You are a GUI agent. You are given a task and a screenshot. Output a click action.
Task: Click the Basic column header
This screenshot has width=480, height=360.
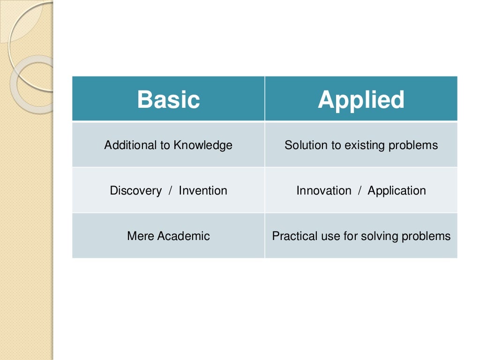(168, 99)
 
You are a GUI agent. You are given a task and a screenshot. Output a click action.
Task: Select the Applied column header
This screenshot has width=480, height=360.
(361, 99)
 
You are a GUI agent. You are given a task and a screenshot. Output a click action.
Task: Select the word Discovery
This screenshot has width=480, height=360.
(135, 191)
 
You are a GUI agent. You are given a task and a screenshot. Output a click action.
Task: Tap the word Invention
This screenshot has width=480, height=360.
(203, 191)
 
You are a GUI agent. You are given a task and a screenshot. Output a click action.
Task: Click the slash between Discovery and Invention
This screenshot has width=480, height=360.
(170, 191)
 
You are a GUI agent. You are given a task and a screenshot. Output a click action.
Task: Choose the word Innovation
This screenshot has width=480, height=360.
(323, 191)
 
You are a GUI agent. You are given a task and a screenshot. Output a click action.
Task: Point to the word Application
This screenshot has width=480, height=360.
(397, 191)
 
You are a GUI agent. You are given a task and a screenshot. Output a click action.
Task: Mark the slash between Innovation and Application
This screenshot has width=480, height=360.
(360, 191)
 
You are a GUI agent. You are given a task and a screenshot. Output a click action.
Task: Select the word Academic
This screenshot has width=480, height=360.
(183, 236)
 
